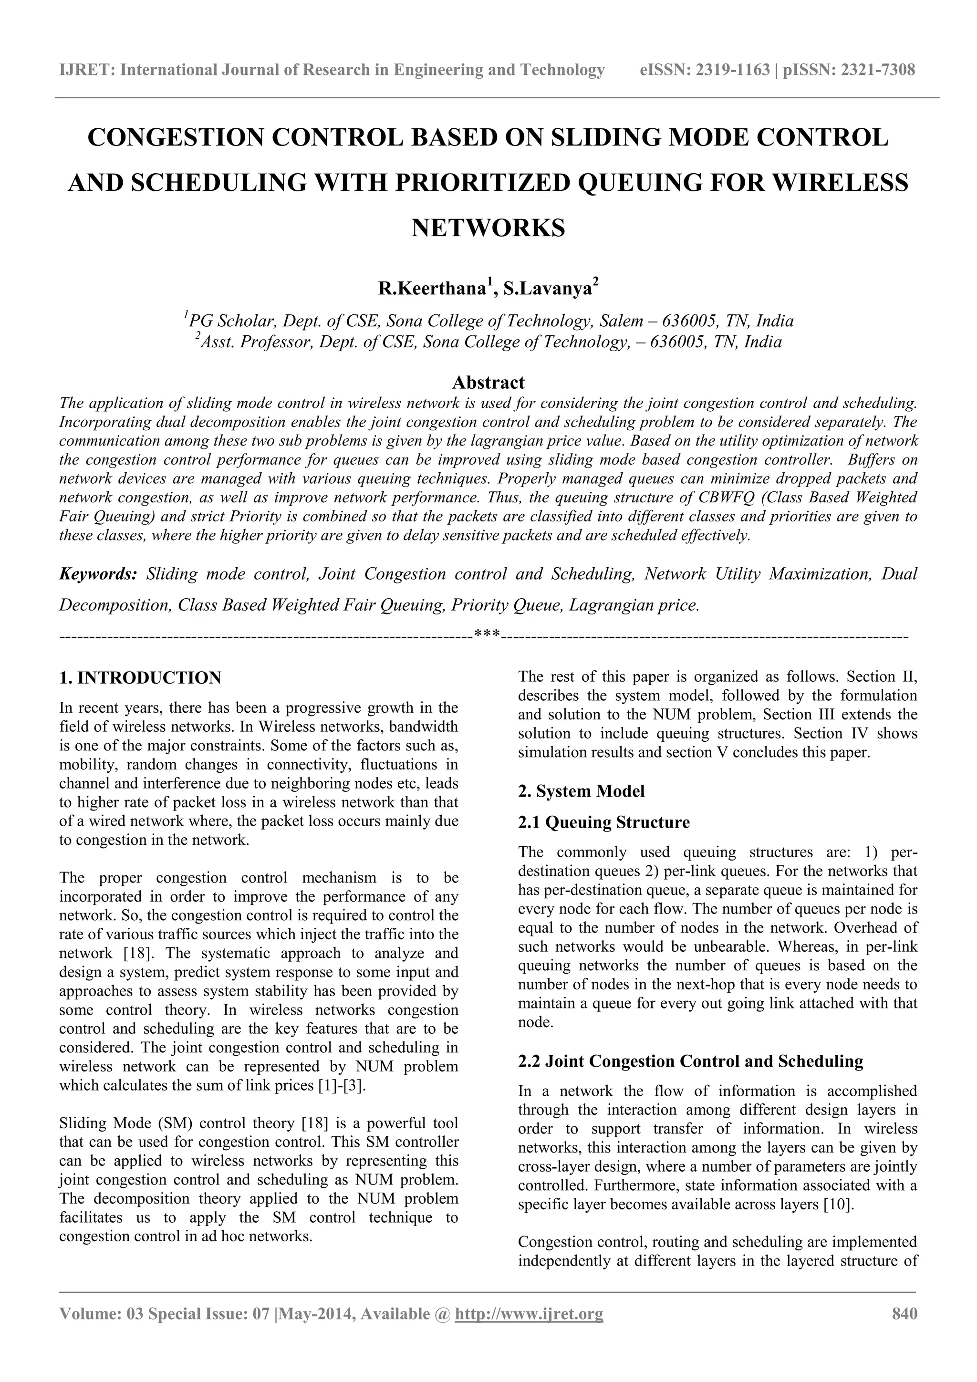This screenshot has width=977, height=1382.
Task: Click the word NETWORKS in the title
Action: pos(488,228)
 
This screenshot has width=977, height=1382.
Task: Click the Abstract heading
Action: pos(488,382)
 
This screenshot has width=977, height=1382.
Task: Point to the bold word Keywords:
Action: pos(98,573)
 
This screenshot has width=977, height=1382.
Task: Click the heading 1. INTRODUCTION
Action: pos(140,678)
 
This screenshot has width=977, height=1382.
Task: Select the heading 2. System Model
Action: pos(581,791)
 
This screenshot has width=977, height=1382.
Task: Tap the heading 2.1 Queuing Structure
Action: pos(604,822)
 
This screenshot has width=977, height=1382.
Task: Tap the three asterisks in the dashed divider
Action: pos(487,634)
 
